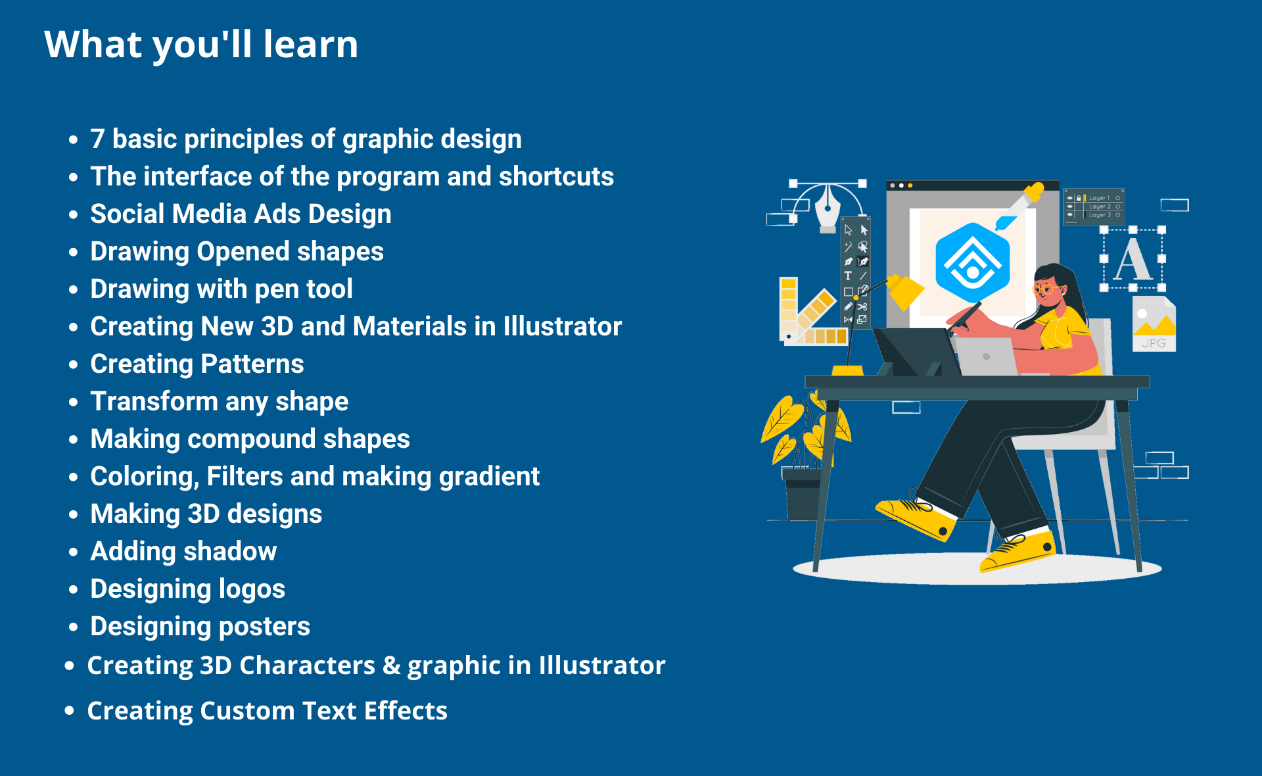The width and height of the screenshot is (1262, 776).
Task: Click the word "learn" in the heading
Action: pyautogui.click(x=310, y=44)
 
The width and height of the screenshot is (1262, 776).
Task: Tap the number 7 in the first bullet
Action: pyautogui.click(x=97, y=139)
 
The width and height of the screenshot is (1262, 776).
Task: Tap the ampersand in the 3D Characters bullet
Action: pyautogui.click(x=391, y=665)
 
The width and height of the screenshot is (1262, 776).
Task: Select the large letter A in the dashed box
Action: pyautogui.click(x=1133, y=259)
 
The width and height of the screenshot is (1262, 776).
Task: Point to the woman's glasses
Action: pyautogui.click(x=1047, y=289)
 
